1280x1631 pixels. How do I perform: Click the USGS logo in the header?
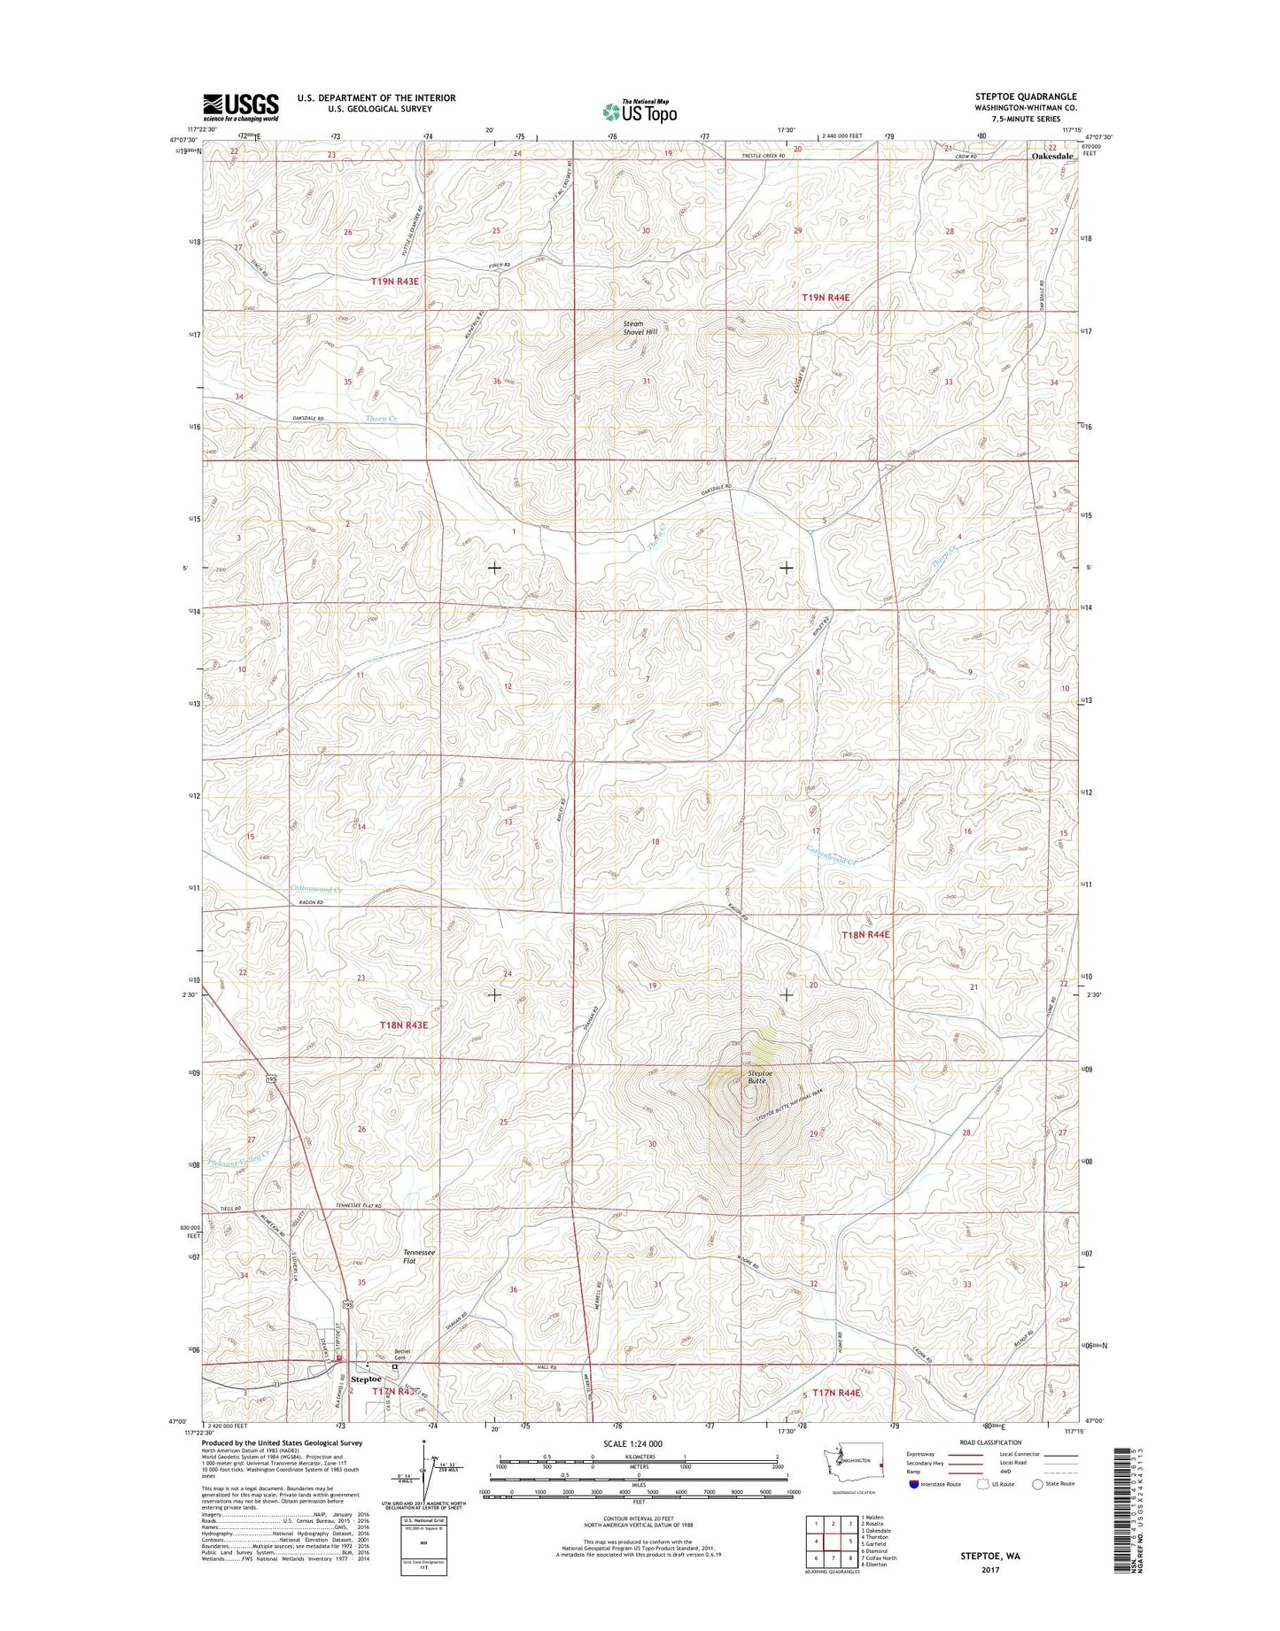(240, 107)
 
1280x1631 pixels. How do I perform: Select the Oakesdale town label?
(1051, 156)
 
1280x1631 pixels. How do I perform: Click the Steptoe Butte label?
(756, 1077)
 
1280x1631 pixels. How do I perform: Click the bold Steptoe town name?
(366, 1380)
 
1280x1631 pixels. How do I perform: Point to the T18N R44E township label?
(865, 934)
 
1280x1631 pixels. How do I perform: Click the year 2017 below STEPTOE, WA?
(989, 1570)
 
